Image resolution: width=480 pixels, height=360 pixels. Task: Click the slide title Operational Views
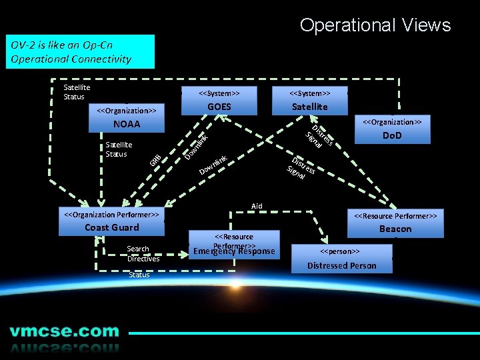click(x=375, y=25)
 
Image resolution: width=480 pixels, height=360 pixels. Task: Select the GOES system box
click(x=219, y=107)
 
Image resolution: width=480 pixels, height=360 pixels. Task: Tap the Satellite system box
click(x=310, y=107)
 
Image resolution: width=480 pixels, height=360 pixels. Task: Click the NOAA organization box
click(x=127, y=125)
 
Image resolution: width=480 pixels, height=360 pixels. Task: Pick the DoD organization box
click(x=391, y=136)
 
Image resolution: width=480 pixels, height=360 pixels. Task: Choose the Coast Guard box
click(x=111, y=227)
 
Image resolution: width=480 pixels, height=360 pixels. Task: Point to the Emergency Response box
click(x=233, y=251)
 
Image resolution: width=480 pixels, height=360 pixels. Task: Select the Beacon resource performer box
click(x=395, y=229)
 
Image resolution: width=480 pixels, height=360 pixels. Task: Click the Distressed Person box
click(x=341, y=265)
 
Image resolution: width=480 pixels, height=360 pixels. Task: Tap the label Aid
click(x=257, y=206)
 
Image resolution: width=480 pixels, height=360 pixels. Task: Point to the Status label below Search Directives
click(x=139, y=275)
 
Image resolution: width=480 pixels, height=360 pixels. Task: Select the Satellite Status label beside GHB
click(x=119, y=149)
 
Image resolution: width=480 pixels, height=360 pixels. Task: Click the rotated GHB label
click(x=155, y=161)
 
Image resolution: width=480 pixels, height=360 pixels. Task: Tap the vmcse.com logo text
click(x=65, y=332)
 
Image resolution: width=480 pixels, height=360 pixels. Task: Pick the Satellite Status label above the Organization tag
click(x=76, y=92)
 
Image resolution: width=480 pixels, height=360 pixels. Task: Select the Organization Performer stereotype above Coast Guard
click(x=111, y=215)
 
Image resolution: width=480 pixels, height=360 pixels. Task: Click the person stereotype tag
click(x=340, y=251)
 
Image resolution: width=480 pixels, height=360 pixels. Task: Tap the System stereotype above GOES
click(x=219, y=93)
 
